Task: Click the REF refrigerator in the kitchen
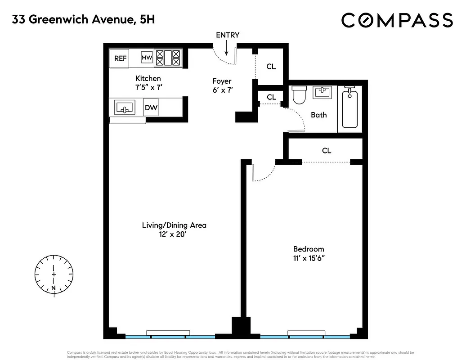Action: coord(120,58)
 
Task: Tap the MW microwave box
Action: coord(147,58)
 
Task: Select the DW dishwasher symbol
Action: coord(151,108)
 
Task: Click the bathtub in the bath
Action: coord(350,109)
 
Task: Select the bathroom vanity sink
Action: coord(323,93)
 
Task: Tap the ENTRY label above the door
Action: coord(228,35)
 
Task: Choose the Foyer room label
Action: coord(222,81)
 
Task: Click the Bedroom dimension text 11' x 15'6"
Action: coord(309,258)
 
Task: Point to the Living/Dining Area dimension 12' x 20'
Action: coord(174,234)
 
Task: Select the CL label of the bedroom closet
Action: coord(327,151)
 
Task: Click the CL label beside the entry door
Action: coord(271,67)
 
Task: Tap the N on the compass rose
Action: coord(54,288)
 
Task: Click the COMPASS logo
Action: coord(397,20)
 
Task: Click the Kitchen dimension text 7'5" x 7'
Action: coord(148,87)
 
